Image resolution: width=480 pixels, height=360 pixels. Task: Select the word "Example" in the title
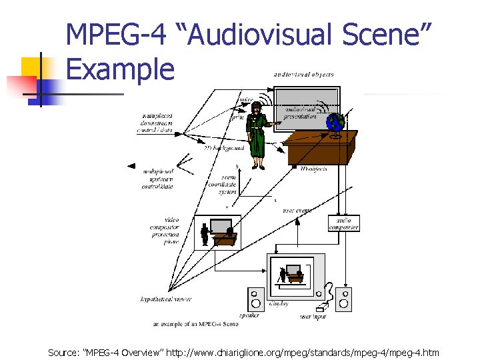(121, 69)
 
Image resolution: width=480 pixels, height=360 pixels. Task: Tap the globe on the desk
(335, 124)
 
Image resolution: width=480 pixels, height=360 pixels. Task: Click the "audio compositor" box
(344, 223)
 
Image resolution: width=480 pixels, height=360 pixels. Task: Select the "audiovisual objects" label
(303, 75)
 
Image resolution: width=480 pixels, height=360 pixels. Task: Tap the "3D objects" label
(313, 169)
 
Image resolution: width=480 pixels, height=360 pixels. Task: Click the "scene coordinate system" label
(223, 184)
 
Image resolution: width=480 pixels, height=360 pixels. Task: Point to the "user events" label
(297, 211)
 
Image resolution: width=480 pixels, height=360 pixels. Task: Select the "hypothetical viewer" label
(166, 299)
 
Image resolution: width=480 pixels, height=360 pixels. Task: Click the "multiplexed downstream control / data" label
(155, 123)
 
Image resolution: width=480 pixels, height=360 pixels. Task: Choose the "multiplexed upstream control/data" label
(157, 179)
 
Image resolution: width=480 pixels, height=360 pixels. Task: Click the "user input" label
(313, 316)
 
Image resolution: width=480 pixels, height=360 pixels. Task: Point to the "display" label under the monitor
(279, 304)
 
